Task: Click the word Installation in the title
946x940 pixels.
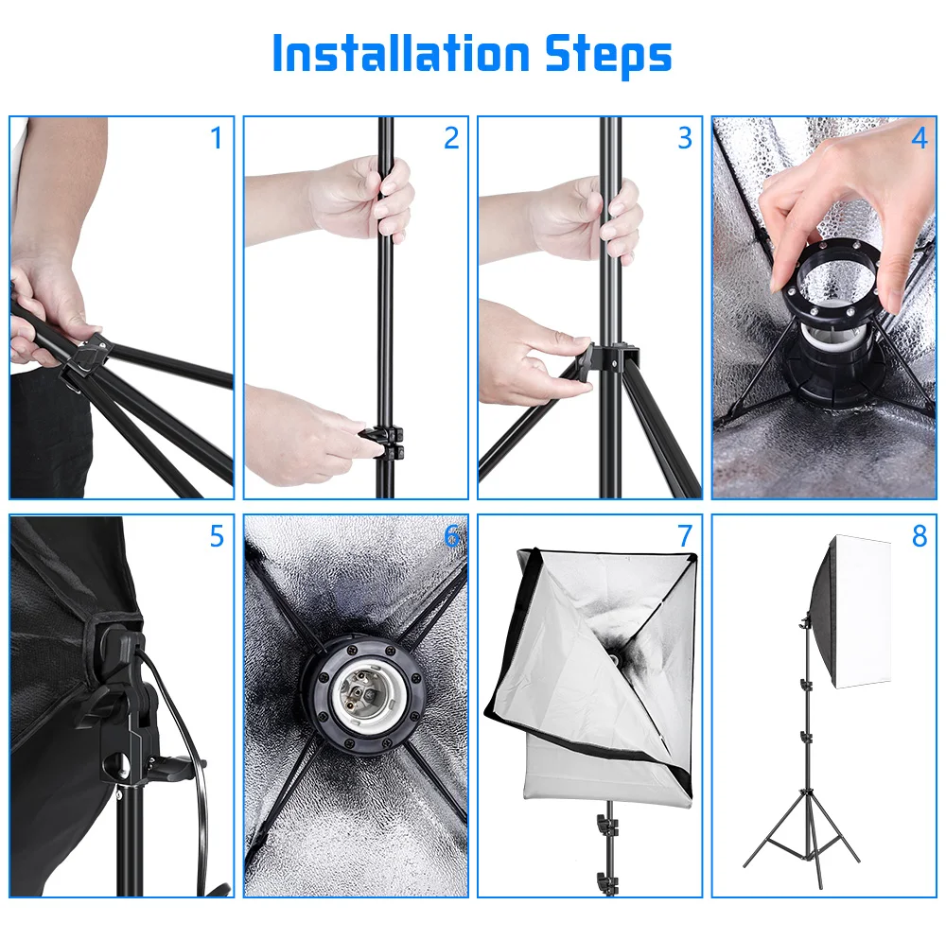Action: pyautogui.click(x=400, y=53)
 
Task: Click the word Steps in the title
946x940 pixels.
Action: pyautogui.click(x=608, y=56)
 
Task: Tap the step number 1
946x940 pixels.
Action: pyautogui.click(x=217, y=138)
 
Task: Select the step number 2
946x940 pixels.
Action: pyautogui.click(x=451, y=138)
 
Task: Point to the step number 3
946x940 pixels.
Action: pyautogui.click(x=685, y=138)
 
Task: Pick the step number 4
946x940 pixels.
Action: pyautogui.click(x=919, y=138)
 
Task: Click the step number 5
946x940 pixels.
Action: pyautogui.click(x=218, y=536)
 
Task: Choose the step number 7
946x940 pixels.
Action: pyautogui.click(x=685, y=536)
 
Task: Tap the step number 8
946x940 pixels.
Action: pyautogui.click(x=920, y=536)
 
